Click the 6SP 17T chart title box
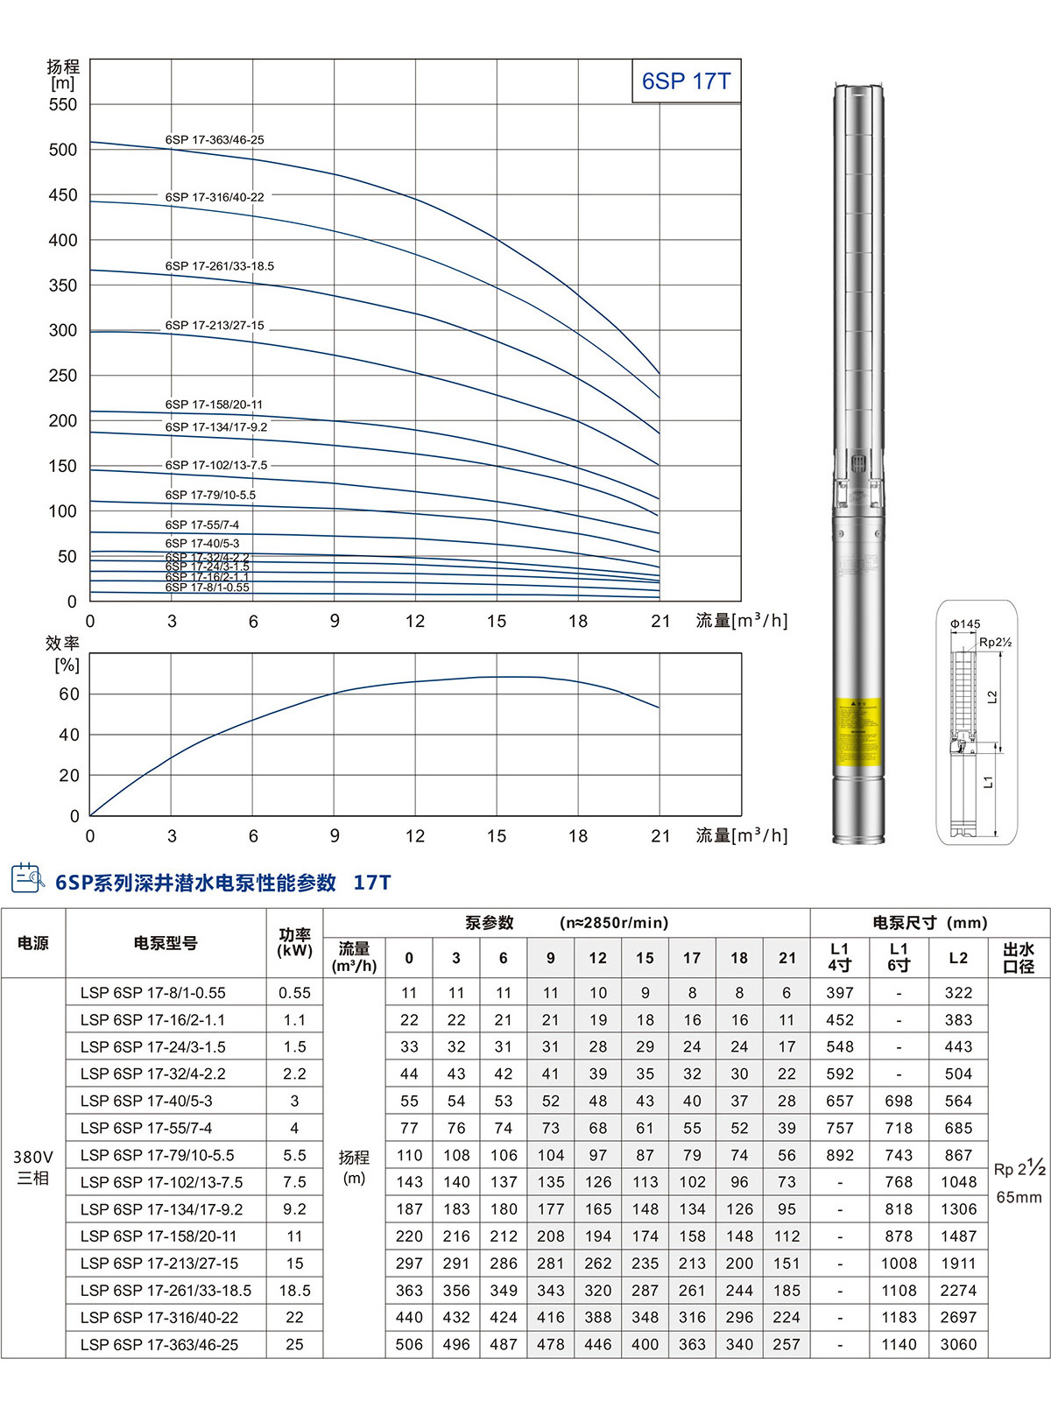(686, 81)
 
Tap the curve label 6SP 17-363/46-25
(215, 140)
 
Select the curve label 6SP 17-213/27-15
(215, 325)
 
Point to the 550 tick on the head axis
(63, 105)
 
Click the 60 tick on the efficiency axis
(69, 694)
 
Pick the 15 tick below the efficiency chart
(497, 836)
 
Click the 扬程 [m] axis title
(63, 74)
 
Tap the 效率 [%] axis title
(63, 654)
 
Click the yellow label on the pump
(857, 732)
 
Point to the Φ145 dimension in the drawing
(965, 624)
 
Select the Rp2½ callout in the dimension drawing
(995, 642)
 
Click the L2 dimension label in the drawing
(992, 697)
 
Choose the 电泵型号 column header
(166, 943)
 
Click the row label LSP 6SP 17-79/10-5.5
(158, 1155)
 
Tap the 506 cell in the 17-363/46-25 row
(409, 1344)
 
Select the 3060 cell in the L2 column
(958, 1344)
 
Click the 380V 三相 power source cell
(33, 1167)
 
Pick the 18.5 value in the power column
(294, 1291)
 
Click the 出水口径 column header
(1019, 957)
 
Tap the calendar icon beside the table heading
(27, 878)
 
